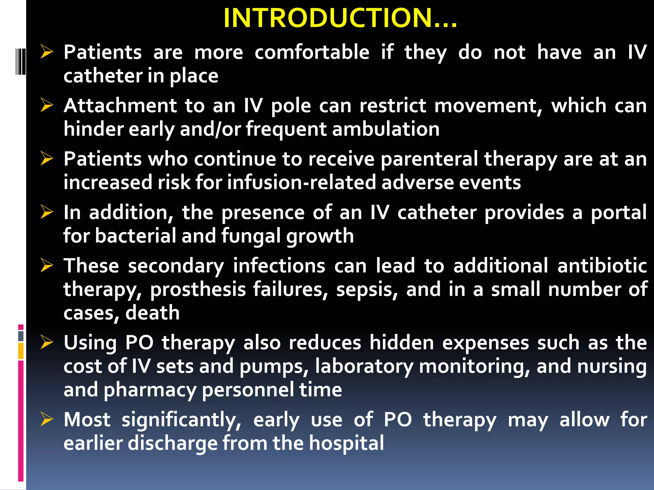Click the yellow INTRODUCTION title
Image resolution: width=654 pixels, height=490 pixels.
click(340, 18)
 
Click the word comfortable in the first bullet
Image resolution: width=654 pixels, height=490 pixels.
click(312, 52)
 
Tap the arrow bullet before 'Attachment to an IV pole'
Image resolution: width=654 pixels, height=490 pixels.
click(47, 105)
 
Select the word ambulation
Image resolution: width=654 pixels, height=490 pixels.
click(386, 129)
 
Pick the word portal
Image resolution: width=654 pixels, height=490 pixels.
click(619, 212)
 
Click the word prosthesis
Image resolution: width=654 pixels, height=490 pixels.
click(198, 290)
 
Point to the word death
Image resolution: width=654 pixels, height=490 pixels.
click(152, 313)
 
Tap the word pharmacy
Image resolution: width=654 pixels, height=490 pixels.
click(150, 390)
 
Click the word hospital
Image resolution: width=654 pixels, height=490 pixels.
click(346, 443)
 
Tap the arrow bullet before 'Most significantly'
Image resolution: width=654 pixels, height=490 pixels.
click(47, 419)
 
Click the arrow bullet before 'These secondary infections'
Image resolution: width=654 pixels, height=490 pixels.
click(47, 265)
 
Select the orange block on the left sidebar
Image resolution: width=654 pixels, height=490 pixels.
click(21, 351)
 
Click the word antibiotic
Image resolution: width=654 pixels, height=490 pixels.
click(602, 266)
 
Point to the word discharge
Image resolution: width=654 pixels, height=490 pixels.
click(171, 443)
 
